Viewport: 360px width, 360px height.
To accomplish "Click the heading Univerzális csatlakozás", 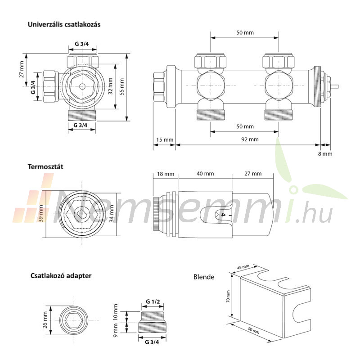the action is tap(64, 25).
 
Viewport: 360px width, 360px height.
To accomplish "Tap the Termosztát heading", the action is tap(45, 166).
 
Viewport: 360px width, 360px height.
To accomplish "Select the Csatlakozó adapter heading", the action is tap(61, 275).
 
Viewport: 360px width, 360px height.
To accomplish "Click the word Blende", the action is tap(204, 277).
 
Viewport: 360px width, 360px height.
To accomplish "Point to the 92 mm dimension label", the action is tap(250, 139).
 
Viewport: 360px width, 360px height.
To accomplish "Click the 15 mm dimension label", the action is tap(165, 139).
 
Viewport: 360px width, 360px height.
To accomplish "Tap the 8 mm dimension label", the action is tap(325, 154).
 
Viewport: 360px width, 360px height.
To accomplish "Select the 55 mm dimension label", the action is tap(121, 86).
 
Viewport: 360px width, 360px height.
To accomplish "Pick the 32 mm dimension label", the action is tap(110, 86).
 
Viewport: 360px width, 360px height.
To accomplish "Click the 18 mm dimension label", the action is tap(166, 174).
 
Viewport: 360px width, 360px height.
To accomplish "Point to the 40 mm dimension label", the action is tap(205, 174).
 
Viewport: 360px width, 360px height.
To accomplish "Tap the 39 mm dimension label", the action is tap(41, 213).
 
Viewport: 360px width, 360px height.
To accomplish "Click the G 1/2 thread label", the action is tap(153, 301).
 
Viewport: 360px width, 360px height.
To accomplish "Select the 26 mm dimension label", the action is tap(45, 320).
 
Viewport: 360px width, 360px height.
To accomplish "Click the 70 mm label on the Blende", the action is tap(228, 297).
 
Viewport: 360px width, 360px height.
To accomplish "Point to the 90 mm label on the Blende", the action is tap(254, 331).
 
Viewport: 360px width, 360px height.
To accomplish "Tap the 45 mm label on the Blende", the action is tap(243, 267).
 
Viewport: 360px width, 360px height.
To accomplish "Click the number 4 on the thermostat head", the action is tap(223, 215).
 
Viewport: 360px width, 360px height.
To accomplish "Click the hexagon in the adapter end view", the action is tap(73, 320).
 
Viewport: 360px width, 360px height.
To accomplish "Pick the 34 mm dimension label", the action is tap(111, 213).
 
